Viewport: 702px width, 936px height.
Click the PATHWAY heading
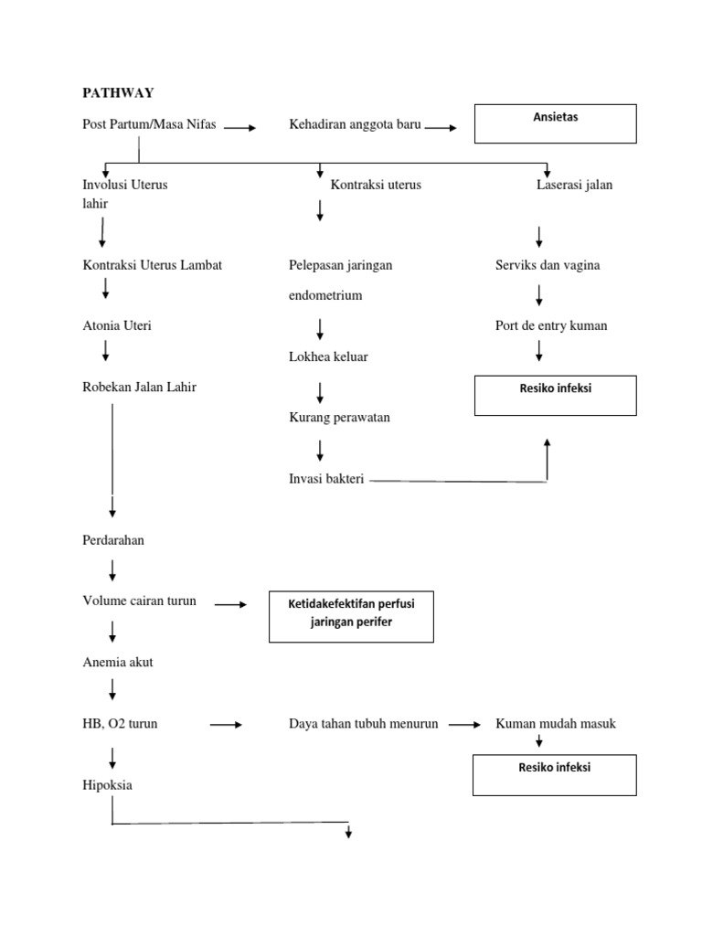[x=118, y=92]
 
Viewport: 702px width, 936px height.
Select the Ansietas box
[x=555, y=123]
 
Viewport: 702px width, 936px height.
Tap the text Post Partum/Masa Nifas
[x=149, y=125]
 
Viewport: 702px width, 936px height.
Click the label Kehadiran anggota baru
[x=355, y=125]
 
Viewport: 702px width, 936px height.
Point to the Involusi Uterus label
[x=125, y=185]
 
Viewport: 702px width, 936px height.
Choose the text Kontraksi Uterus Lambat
[x=152, y=265]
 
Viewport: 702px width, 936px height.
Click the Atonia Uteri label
[x=117, y=325]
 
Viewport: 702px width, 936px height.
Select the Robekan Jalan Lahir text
[x=139, y=387]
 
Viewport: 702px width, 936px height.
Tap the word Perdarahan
[x=113, y=540]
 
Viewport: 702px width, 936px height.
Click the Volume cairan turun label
[x=139, y=601]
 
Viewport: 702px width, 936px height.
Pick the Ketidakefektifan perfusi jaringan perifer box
[x=350, y=615]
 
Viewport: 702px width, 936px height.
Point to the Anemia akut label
[x=118, y=663]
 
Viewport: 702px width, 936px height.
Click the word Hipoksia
[x=108, y=785]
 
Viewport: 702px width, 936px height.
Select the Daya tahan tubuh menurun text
[x=363, y=724]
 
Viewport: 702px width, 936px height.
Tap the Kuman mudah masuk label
[x=556, y=724]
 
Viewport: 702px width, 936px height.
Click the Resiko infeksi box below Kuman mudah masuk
[x=555, y=774]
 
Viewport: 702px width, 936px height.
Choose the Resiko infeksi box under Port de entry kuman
[x=555, y=396]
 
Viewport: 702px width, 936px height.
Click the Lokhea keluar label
[x=328, y=356]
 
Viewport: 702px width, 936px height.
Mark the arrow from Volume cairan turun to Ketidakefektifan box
[x=230, y=605]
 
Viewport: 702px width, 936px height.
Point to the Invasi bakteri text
[x=326, y=479]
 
